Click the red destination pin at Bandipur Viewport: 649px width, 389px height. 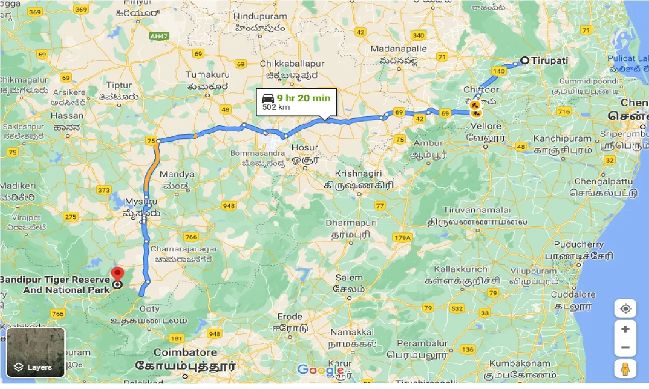point(117,274)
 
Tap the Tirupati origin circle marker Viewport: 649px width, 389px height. point(525,61)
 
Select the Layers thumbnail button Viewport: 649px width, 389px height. point(35,353)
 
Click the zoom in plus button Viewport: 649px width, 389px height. point(625,329)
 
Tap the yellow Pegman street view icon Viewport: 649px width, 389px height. point(625,368)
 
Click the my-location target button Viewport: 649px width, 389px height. point(625,308)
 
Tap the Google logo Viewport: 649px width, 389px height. point(320,370)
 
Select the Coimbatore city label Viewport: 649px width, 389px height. point(185,353)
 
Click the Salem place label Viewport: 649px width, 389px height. point(348,278)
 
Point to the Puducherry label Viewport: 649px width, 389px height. point(579,244)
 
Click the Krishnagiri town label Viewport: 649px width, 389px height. point(358,174)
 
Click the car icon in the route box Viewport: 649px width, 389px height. point(268,98)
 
